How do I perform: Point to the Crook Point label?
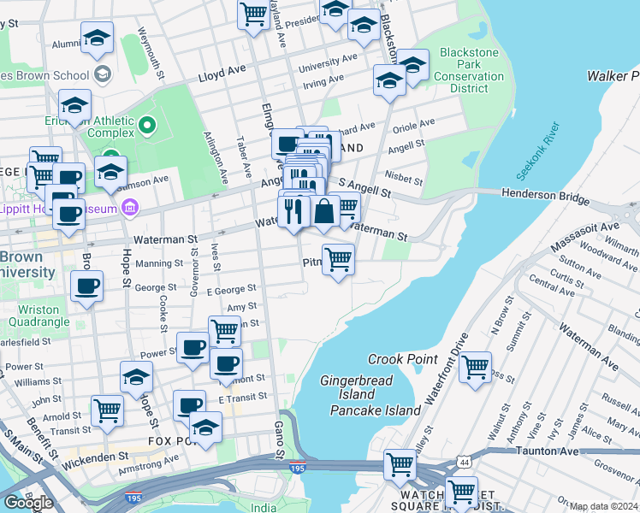(x=402, y=359)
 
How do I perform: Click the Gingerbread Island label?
(x=347, y=386)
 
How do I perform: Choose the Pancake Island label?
(x=376, y=410)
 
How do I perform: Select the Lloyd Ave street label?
(x=222, y=75)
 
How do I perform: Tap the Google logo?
(x=28, y=502)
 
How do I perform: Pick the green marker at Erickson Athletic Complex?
(x=147, y=127)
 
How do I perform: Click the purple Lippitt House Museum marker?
(x=129, y=207)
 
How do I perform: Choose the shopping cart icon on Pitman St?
(x=339, y=259)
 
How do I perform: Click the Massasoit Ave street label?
(x=584, y=236)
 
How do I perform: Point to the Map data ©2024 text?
(x=604, y=506)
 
